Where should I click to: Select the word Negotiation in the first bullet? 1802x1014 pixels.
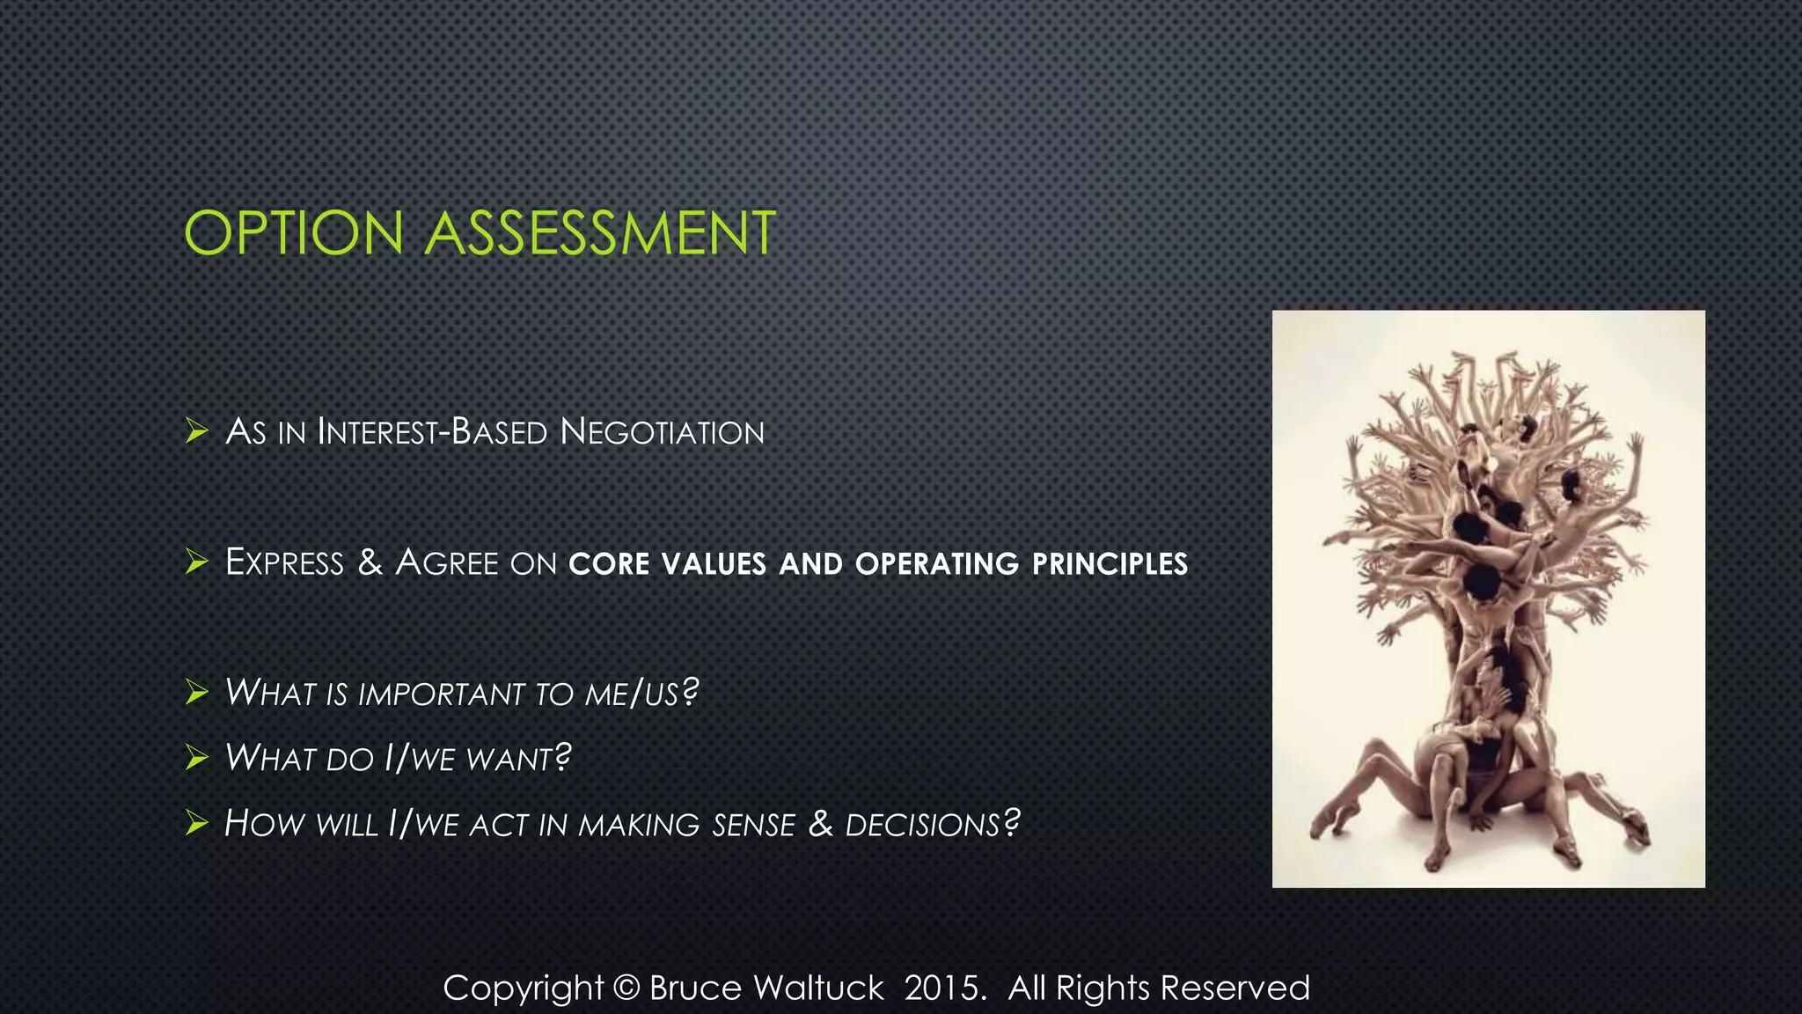click(662, 432)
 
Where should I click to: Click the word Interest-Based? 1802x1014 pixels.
click(432, 432)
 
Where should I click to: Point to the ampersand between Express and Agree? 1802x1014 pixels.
click(370, 562)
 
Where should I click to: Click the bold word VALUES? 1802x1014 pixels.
click(714, 564)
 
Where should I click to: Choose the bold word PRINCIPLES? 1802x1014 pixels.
click(1110, 564)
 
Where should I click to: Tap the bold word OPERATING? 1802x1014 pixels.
click(936, 564)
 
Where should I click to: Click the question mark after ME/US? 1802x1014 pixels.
click(691, 692)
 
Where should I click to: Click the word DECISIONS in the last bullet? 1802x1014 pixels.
click(922, 825)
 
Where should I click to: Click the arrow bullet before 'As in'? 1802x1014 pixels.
click(196, 431)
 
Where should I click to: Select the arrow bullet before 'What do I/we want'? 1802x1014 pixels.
click(196, 758)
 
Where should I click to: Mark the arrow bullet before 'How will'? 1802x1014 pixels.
click(196, 824)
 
